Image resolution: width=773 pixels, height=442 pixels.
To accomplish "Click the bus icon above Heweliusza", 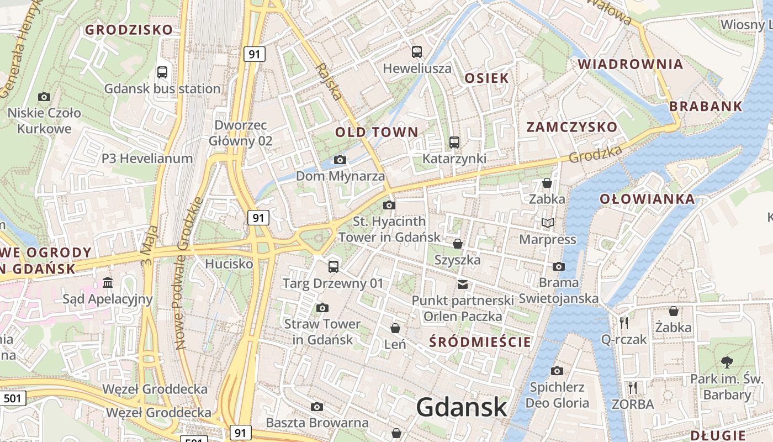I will click(417, 52).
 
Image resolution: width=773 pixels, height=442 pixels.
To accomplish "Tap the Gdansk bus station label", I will click(162, 88).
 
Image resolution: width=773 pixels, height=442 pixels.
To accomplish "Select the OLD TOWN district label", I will click(377, 132).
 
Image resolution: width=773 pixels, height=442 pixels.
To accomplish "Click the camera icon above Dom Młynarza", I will click(340, 160).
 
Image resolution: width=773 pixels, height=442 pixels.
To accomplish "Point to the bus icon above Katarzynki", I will click(454, 143).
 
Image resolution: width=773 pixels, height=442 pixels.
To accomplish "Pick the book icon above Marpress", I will click(547, 223).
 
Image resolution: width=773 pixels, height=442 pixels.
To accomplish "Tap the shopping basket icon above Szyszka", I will click(458, 244).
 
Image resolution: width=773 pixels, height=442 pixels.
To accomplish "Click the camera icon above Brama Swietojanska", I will click(559, 267).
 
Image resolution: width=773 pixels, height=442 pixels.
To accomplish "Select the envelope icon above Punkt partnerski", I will click(463, 285).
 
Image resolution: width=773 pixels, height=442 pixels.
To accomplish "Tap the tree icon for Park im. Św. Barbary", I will click(727, 362).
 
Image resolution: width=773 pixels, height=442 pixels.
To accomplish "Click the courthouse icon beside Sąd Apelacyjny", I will click(108, 283).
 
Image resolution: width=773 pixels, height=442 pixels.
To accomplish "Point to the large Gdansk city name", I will click(462, 407).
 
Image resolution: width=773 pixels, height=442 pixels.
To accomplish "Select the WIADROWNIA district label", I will click(631, 64).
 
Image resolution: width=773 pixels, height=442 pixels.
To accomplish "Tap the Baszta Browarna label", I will click(317, 423).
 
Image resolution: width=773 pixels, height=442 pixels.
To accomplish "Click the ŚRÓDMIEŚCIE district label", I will click(480, 342).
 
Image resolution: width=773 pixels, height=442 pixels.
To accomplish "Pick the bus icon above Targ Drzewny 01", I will click(333, 267).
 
